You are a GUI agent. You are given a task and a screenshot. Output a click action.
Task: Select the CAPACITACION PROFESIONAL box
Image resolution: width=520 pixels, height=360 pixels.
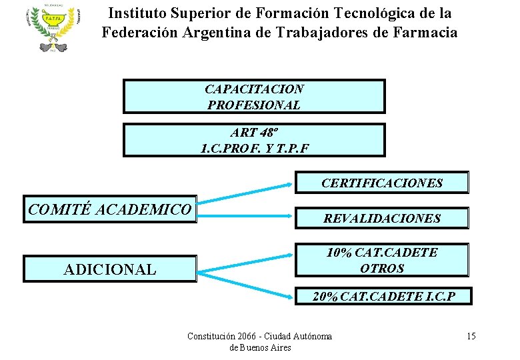pos(254,97)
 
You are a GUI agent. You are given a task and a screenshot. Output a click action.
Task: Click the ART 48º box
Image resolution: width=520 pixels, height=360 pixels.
pos(254,140)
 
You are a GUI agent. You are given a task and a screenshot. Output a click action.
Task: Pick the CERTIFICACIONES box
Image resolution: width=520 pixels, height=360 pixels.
pos(382,183)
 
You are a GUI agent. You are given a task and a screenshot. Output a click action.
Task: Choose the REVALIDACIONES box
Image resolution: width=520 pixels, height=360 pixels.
pos(382,218)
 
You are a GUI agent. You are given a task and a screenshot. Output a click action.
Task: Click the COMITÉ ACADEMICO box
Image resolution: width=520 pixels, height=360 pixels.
pos(110,209)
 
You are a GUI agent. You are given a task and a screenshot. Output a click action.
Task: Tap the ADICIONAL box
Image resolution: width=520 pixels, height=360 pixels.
pos(110,269)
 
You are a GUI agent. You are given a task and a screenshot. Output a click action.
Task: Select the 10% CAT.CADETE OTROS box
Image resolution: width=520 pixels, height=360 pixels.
pos(382,260)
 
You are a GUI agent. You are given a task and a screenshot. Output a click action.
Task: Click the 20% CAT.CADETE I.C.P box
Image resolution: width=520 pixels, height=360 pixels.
pos(383,297)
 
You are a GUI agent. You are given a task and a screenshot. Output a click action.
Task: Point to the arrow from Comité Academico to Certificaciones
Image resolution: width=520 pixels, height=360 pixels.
pos(247,190)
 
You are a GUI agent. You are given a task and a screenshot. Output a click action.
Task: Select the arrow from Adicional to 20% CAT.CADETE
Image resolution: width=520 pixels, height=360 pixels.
pos(247,283)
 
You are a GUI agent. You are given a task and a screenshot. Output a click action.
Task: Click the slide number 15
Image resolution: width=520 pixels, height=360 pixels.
pos(471,336)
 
